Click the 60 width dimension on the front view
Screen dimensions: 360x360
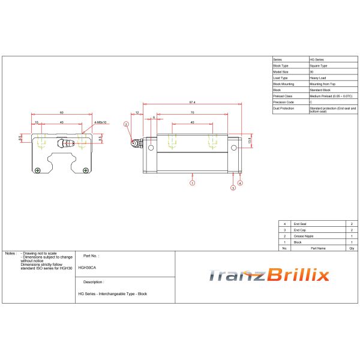point(61,113)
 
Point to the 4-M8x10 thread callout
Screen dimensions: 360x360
point(100,122)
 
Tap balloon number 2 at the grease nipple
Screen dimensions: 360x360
point(126,124)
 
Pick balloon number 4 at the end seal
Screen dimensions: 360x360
point(240,182)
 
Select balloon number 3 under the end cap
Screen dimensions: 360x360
point(232,188)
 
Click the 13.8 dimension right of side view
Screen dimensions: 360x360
point(250,140)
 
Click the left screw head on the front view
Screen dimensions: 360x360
point(38,170)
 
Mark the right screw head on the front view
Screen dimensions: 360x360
point(85,170)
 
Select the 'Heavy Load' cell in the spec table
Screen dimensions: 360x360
point(318,78)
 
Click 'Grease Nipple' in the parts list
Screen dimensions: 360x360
point(303,236)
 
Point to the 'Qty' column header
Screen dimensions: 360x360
point(352,247)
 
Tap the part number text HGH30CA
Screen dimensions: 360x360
point(86,268)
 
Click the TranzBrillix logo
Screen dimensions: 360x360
point(269,275)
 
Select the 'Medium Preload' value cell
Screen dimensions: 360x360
point(330,96)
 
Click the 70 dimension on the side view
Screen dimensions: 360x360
point(192,113)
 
